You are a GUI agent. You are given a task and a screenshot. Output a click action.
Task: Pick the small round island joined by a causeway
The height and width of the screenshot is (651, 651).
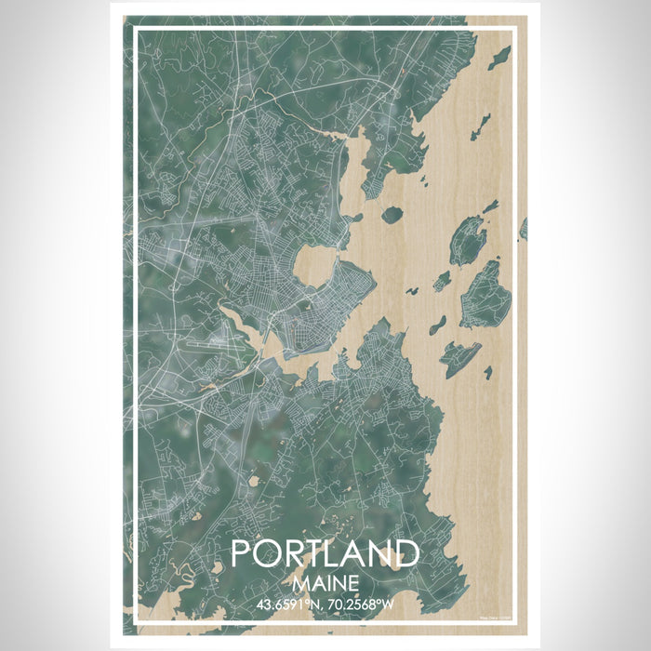click(392, 215)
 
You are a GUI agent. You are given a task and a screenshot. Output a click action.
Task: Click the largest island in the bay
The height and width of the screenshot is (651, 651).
click(484, 295)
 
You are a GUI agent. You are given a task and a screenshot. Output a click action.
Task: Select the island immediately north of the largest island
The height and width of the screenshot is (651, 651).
click(467, 240)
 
